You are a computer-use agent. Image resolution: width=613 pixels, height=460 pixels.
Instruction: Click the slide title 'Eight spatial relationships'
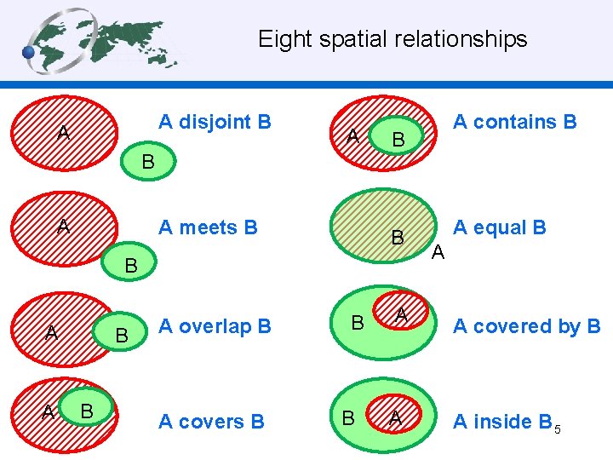(392, 39)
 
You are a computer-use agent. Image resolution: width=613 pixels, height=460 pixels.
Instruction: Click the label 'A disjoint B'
(215, 122)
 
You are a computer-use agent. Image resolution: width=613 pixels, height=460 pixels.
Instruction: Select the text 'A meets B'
(208, 227)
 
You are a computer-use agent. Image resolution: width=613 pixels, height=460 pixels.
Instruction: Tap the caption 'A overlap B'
(215, 326)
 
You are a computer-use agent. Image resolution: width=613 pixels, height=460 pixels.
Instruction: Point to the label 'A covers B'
(211, 422)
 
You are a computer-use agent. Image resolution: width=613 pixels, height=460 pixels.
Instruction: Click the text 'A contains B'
(514, 122)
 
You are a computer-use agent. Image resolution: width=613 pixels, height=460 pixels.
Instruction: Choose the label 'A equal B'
(499, 227)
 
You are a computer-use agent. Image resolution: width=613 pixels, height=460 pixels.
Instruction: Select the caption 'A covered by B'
(526, 326)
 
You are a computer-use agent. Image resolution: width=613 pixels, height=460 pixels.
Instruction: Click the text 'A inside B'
(502, 422)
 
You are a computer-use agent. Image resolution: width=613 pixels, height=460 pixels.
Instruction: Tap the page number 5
(558, 429)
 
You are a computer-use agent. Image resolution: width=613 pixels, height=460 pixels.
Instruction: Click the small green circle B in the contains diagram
(398, 139)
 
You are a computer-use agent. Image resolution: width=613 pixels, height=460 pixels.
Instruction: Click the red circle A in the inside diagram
(395, 417)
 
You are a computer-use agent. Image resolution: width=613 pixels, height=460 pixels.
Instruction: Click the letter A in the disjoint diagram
(63, 133)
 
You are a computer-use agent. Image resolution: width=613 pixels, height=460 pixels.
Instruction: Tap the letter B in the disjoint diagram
(147, 161)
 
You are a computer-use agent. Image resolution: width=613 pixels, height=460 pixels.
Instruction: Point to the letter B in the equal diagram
(397, 238)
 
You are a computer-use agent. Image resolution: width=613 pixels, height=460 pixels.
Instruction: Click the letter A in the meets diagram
(63, 227)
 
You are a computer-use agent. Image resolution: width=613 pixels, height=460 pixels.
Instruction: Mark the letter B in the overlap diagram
(122, 336)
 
